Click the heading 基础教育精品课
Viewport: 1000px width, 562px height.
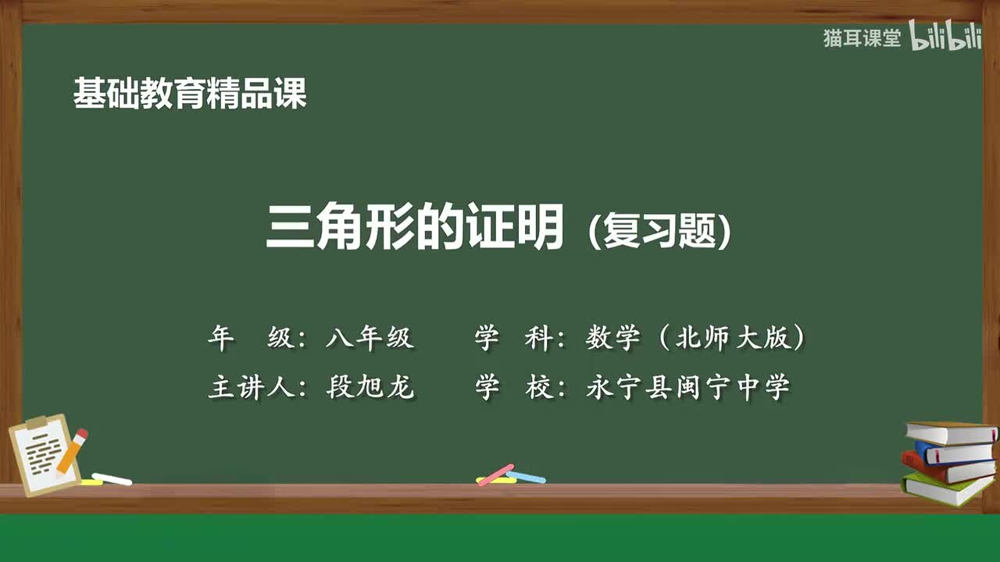tap(190, 94)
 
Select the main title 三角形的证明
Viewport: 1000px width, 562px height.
tap(415, 226)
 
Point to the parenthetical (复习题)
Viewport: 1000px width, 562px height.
tap(660, 231)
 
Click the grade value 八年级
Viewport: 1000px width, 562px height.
tap(370, 338)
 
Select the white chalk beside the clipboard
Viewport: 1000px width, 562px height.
tap(112, 478)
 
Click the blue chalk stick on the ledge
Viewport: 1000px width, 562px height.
tap(526, 477)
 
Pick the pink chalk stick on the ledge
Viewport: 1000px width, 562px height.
tap(495, 475)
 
